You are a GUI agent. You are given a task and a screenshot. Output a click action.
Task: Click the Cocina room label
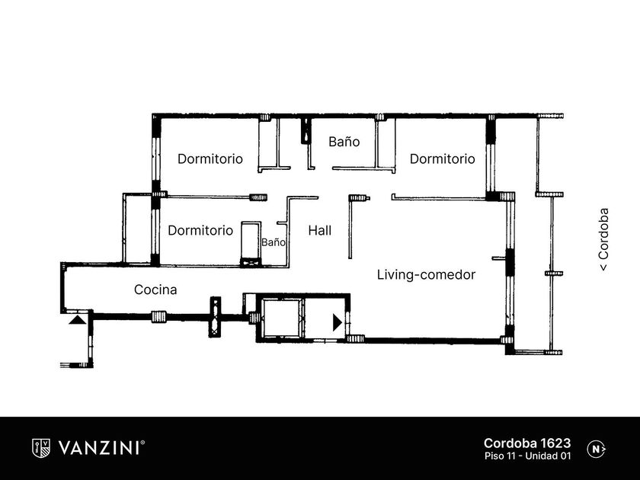tap(155, 290)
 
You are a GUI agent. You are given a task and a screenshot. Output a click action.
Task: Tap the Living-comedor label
tap(426, 275)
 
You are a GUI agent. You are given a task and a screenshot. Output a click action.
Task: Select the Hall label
tap(319, 231)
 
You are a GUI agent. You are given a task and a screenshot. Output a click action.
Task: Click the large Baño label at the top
tap(344, 142)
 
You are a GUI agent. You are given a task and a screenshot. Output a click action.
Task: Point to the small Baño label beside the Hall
tap(274, 242)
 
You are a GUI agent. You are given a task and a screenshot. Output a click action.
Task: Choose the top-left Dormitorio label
tap(210, 158)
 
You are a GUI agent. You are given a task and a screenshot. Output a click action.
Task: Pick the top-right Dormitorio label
tap(443, 158)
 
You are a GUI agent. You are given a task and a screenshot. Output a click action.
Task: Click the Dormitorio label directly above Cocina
tap(200, 231)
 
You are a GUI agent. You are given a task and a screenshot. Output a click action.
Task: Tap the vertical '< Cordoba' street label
tap(603, 239)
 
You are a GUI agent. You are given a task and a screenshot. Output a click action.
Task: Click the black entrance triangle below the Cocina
tap(77, 319)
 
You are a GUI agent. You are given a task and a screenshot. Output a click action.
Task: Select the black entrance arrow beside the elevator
tap(337, 322)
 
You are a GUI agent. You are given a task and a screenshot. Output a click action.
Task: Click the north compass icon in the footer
tap(597, 450)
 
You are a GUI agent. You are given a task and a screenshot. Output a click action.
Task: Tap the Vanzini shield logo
tap(41, 448)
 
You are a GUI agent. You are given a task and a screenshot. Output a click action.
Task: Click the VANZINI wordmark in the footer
tap(99, 448)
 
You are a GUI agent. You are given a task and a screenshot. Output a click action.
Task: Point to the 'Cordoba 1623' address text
tap(527, 443)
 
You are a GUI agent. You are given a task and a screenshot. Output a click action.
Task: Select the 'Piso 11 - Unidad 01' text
tap(528, 456)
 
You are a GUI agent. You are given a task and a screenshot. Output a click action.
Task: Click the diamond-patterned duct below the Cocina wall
tap(215, 317)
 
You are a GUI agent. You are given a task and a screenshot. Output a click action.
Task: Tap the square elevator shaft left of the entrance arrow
tap(282, 318)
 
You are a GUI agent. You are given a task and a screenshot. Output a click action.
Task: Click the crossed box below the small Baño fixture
tap(251, 262)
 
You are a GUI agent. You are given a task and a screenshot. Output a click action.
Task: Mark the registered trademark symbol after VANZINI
tap(142, 443)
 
